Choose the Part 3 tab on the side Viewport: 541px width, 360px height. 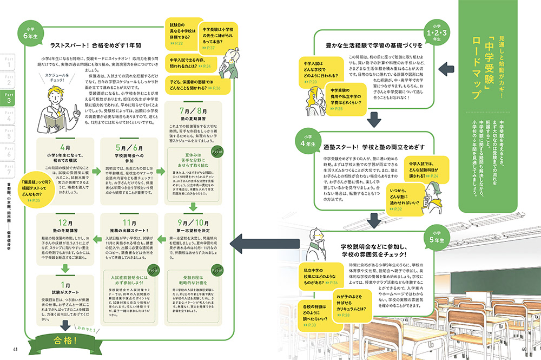click(9, 98)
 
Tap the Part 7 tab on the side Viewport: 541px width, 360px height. click(9, 169)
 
